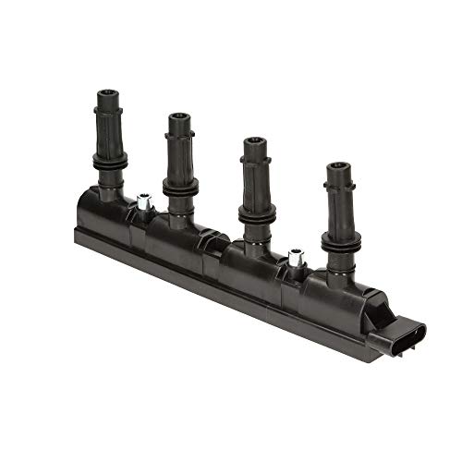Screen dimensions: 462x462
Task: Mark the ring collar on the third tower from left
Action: click(x=256, y=213)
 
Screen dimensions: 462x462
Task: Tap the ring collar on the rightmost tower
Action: click(x=341, y=241)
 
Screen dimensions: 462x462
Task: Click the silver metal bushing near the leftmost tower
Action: click(x=143, y=201)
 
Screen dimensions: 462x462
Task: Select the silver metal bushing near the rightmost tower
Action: click(x=297, y=260)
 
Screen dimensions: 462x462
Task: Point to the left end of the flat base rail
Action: click(x=80, y=230)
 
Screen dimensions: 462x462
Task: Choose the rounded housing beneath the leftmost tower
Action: click(x=103, y=210)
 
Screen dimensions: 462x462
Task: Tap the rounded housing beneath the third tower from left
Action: click(x=249, y=264)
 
